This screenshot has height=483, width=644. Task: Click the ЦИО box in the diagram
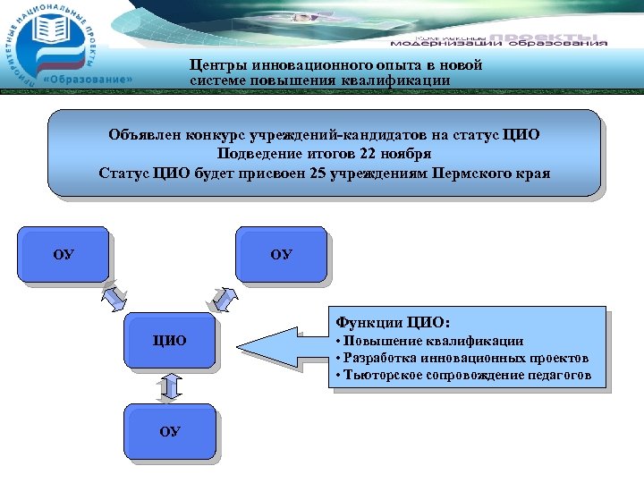(x=170, y=340)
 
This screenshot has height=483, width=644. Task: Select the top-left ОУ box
(x=64, y=254)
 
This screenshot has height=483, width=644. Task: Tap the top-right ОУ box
(x=281, y=254)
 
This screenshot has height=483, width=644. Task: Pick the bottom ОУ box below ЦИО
(x=170, y=431)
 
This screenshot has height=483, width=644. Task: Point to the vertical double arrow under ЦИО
(x=171, y=386)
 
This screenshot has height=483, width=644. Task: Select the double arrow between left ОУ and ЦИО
(x=114, y=295)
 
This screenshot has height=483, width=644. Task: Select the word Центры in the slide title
(x=219, y=65)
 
